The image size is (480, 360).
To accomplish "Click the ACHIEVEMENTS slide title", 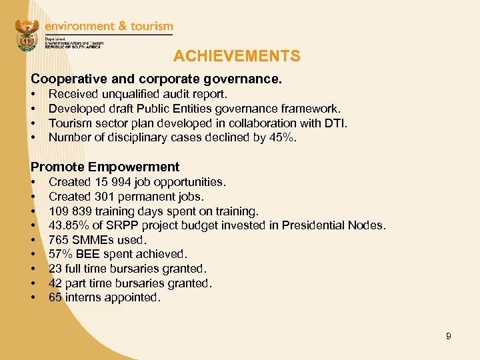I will point(237,57).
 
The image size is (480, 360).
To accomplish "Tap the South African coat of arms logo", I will point(27,35).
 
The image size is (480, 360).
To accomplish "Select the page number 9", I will point(449,336).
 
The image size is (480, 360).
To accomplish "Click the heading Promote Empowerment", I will point(105,167).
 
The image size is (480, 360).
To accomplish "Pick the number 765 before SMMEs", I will point(59,240).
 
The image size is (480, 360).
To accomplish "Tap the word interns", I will point(82,297).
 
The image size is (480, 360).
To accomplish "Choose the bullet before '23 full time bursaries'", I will point(33,269).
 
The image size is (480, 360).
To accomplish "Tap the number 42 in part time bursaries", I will point(55,283).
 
